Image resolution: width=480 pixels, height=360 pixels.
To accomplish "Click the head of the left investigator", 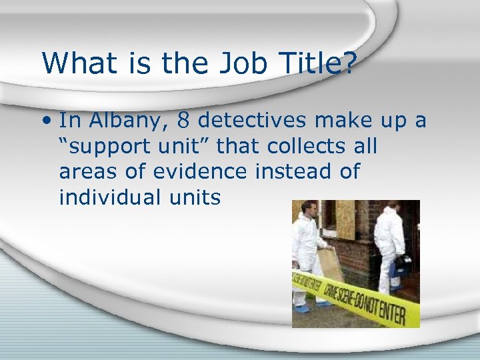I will pyautogui.click(x=307, y=209).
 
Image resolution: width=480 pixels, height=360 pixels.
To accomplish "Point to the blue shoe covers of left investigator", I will pyautogui.click(x=303, y=309).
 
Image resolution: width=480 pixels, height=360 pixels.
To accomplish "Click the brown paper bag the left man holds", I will pyautogui.click(x=331, y=264).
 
